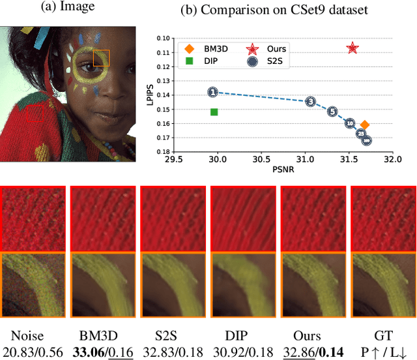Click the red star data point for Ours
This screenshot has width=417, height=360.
[352, 48]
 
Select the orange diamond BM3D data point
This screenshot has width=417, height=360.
[365, 125]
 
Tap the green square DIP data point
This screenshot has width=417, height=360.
[214, 112]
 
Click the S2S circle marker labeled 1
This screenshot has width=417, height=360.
[212, 93]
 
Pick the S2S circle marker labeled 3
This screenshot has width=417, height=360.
[311, 101]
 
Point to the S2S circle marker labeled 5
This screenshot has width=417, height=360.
[332, 112]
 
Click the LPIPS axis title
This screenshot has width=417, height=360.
[150, 95]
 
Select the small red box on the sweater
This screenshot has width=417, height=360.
[35, 114]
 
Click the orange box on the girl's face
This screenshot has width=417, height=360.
[101, 58]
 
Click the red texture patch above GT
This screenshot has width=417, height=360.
[383, 219]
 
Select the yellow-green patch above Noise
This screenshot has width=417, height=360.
[33, 283]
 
